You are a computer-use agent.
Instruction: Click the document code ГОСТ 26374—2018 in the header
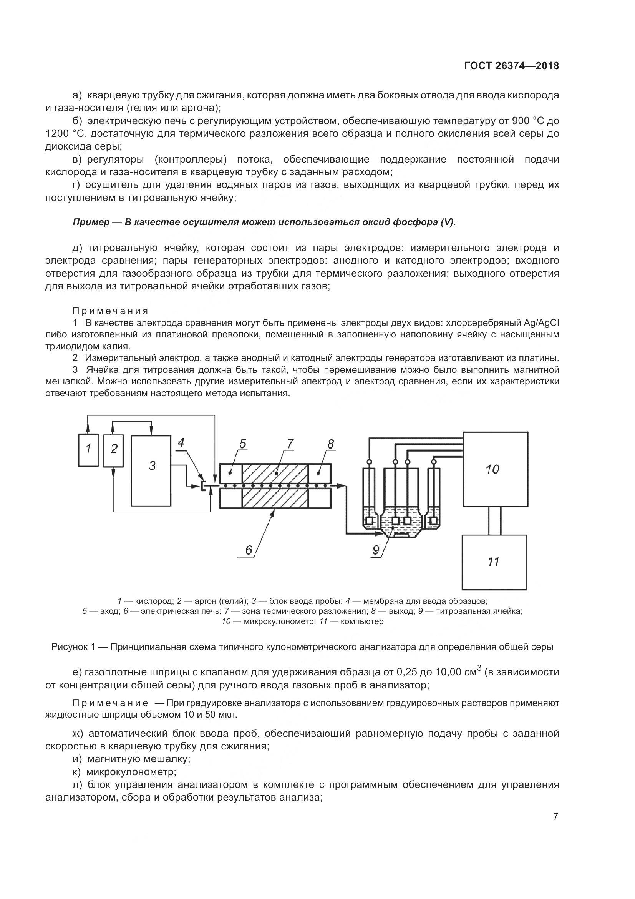pos(511,66)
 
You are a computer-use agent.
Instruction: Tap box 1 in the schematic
pos(88,450)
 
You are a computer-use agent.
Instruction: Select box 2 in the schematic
pos(113,450)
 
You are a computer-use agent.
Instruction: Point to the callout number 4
pos(181,442)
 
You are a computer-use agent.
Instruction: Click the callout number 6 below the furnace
pos(249,550)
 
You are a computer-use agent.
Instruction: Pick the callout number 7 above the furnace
pos(290,444)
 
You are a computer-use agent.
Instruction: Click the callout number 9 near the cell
pos(376,550)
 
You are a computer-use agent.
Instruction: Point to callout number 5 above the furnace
pos(242,444)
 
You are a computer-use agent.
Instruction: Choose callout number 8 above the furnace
pos(331,444)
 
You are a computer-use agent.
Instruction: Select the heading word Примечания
pos(111,311)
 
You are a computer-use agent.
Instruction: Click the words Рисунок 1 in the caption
pos(73,647)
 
